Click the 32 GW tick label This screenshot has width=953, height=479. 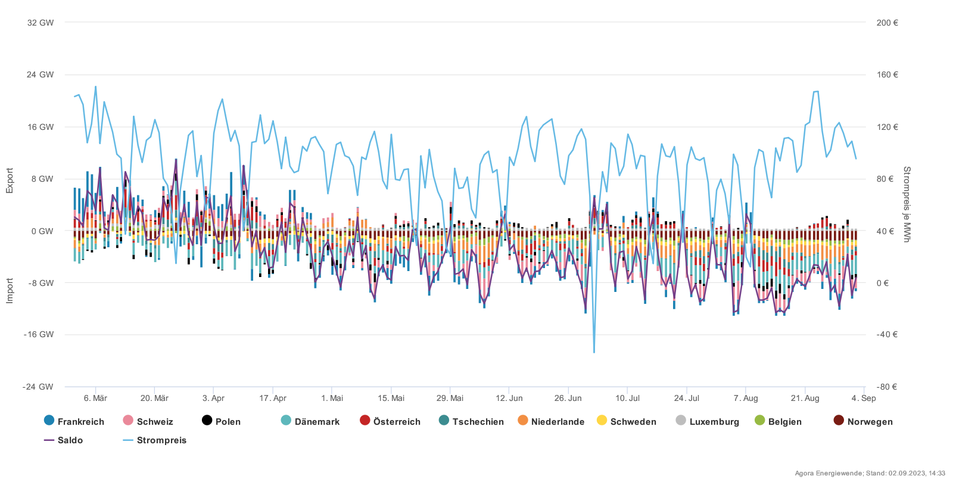[40, 23]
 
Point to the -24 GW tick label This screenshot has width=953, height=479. [38, 387]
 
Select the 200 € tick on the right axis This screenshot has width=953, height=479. [887, 23]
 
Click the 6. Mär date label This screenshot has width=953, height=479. [95, 398]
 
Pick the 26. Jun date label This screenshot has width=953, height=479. [568, 398]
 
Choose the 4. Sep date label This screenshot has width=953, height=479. [864, 398]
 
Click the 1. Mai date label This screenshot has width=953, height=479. [332, 398]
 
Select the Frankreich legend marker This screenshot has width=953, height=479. [49, 421]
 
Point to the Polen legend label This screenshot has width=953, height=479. [228, 422]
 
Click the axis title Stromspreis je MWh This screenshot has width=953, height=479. [907, 204]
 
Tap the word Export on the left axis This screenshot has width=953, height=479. [10, 181]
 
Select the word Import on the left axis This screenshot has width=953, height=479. [10, 291]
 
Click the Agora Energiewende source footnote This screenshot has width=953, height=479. [870, 473]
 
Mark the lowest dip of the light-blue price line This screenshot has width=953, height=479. [594, 352]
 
